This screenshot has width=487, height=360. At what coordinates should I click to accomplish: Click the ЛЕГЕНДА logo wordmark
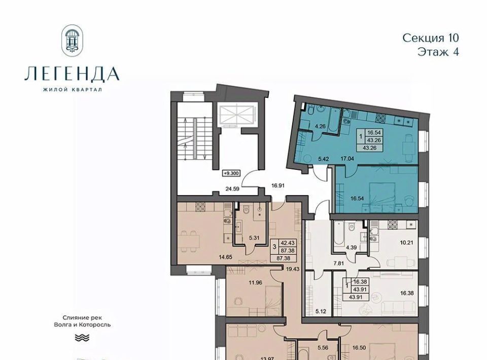click(x=72, y=74)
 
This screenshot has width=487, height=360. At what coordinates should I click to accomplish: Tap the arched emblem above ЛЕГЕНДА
click(x=73, y=40)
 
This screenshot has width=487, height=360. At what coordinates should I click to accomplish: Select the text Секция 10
click(x=431, y=38)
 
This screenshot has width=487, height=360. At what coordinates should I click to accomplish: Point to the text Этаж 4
click(x=438, y=52)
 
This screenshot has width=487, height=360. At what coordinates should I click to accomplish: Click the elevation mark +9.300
click(x=231, y=173)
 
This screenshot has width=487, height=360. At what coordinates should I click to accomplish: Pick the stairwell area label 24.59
click(x=232, y=188)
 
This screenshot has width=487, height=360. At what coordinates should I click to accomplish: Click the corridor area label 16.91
click(x=278, y=186)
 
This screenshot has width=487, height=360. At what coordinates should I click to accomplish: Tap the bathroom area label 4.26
click(x=320, y=126)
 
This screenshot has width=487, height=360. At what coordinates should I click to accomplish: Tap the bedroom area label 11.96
click(x=256, y=282)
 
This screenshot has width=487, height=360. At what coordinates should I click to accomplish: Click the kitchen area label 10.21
click(x=406, y=243)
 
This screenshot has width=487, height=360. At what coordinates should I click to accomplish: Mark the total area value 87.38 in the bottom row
click(x=284, y=258)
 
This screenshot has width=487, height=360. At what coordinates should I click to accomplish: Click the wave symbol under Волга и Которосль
click(x=82, y=338)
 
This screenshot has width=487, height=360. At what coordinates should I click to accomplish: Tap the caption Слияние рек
click(x=82, y=318)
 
